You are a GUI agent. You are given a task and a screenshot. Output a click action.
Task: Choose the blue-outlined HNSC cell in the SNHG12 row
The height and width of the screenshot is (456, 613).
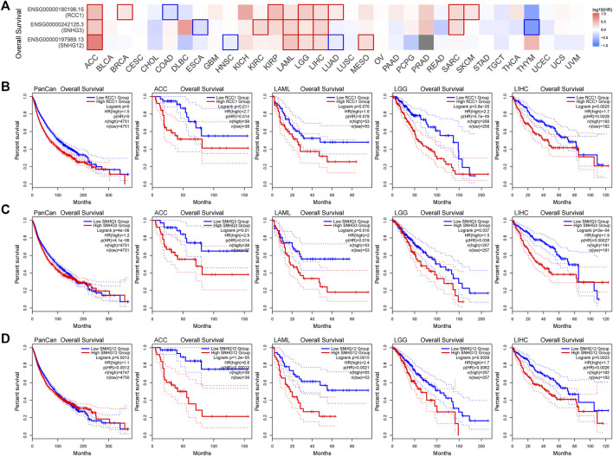pos(229,42)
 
